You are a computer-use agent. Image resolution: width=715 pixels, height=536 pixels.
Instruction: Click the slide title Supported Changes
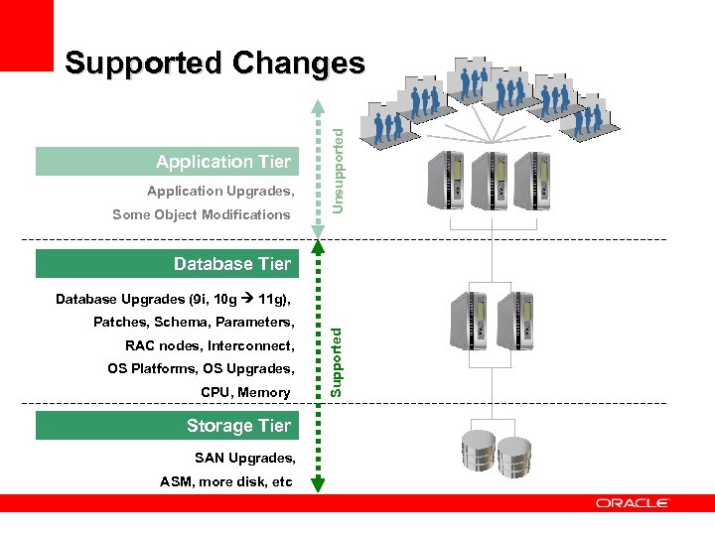214,64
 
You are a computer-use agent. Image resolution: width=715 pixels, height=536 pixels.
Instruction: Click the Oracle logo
632,503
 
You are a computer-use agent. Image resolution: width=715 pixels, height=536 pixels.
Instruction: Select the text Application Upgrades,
219,191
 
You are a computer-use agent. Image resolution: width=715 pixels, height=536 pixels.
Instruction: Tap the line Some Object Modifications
202,214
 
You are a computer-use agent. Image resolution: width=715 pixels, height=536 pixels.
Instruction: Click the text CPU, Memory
245,393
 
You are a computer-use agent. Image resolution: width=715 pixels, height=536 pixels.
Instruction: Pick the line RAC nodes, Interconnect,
210,345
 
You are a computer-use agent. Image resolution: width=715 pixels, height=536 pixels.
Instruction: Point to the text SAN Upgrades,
244,458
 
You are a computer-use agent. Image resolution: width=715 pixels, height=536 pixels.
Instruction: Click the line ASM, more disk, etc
226,481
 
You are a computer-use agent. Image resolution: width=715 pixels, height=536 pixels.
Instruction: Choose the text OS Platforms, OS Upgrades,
201,369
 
